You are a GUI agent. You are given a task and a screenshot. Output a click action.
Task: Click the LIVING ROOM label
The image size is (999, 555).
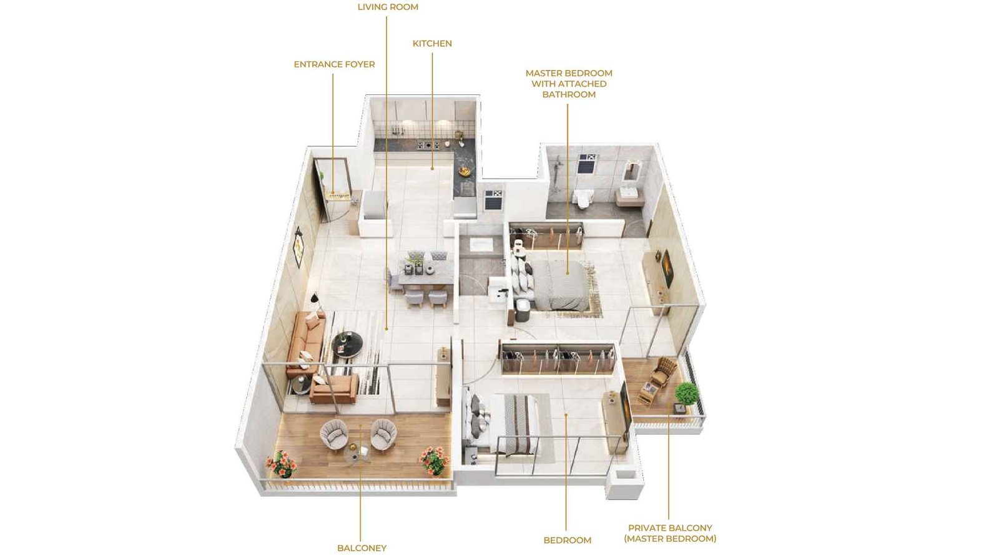(388, 7)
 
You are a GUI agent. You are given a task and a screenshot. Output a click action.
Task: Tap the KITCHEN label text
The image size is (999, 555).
(432, 44)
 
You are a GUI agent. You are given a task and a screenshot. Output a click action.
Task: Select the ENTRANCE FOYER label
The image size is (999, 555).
(334, 64)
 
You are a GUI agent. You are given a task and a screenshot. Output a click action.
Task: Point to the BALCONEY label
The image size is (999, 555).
(362, 548)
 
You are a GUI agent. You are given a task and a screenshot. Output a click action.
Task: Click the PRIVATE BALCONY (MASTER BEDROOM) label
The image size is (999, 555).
(670, 533)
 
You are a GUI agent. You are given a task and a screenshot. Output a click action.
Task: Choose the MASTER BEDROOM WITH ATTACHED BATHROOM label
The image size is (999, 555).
(569, 84)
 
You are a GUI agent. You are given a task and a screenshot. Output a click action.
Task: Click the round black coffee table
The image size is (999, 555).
(347, 343)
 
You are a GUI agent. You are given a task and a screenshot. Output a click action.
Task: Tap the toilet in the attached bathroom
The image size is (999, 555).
(583, 198)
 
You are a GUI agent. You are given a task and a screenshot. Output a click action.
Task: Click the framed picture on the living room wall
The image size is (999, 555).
(298, 247)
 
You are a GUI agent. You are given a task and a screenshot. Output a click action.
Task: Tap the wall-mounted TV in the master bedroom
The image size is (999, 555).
(667, 268)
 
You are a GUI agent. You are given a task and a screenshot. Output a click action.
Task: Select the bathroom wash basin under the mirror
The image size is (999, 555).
(627, 194)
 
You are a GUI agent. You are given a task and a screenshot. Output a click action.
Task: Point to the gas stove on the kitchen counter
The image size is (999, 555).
(428, 145)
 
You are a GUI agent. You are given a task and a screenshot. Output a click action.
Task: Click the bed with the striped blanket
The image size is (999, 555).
(509, 425)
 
